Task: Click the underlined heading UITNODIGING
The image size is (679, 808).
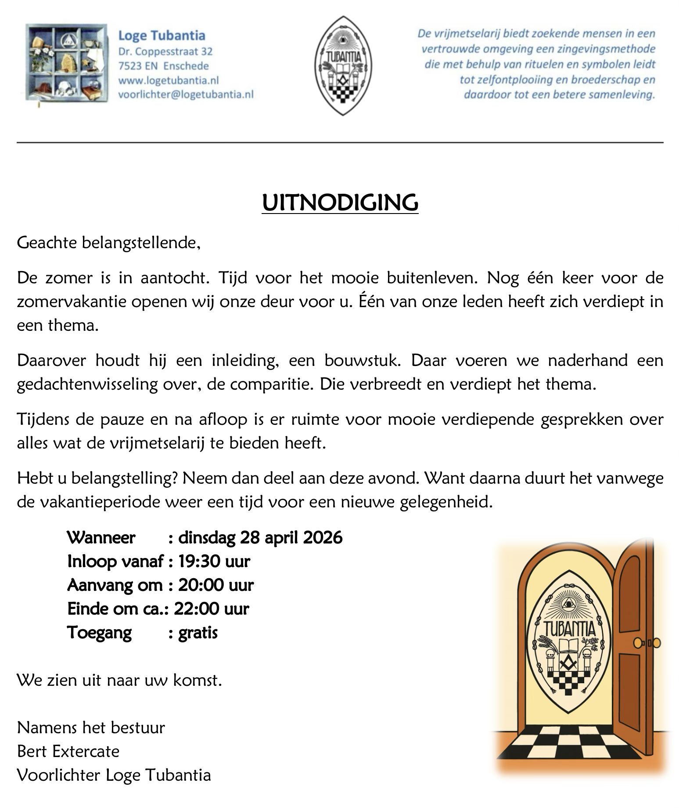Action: [340, 203]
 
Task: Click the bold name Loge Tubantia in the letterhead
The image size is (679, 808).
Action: [162, 35]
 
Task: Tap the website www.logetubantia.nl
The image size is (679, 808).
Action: [168, 80]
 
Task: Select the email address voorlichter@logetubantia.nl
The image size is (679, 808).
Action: [186, 94]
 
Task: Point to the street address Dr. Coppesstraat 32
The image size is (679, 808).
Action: [165, 51]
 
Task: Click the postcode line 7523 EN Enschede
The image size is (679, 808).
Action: [163, 66]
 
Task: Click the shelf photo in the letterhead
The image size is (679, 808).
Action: [66, 63]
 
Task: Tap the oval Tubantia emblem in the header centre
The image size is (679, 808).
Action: [343, 66]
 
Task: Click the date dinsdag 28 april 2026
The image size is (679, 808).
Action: [260, 537]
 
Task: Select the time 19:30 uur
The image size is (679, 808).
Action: [214, 561]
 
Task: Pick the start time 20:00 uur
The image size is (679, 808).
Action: [216, 585]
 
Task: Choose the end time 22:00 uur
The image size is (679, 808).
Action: [212, 609]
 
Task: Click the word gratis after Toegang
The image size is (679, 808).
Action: [198, 632]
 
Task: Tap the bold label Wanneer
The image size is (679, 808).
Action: [101, 537]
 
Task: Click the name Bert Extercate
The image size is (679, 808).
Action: [68, 751]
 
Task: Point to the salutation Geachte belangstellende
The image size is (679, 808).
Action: [108, 243]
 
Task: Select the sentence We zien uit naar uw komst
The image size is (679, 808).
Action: [119, 680]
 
